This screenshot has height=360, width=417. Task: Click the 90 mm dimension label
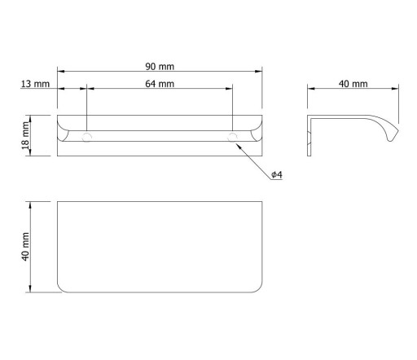click(x=160, y=67)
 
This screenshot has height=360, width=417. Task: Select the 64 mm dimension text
click(x=160, y=84)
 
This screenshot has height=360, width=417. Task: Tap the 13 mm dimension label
click(x=35, y=84)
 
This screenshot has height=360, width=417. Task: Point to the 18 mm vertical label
click(x=25, y=135)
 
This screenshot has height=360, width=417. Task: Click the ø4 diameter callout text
click(x=277, y=174)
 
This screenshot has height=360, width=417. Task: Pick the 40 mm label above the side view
click(x=353, y=84)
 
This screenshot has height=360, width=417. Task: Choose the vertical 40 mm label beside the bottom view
click(x=25, y=247)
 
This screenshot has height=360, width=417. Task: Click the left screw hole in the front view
click(x=86, y=138)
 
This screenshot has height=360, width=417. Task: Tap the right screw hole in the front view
click(x=232, y=138)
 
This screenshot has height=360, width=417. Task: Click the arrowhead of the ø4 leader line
click(x=239, y=146)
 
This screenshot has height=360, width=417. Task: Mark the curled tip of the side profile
click(x=393, y=137)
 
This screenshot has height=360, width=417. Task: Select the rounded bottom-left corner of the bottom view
click(x=61, y=289)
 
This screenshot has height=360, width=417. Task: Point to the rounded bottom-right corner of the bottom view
click(x=258, y=289)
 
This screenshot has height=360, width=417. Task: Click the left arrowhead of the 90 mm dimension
click(x=61, y=71)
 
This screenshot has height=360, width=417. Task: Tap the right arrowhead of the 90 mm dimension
click(x=258, y=71)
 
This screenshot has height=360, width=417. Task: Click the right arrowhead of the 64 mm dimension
click(x=229, y=88)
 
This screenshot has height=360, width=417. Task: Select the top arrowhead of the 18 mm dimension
click(x=30, y=119)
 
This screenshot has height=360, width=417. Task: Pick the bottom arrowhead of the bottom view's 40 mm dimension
click(x=30, y=288)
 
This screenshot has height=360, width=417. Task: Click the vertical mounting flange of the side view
click(x=309, y=136)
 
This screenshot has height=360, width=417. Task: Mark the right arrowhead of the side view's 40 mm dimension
click(x=395, y=88)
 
